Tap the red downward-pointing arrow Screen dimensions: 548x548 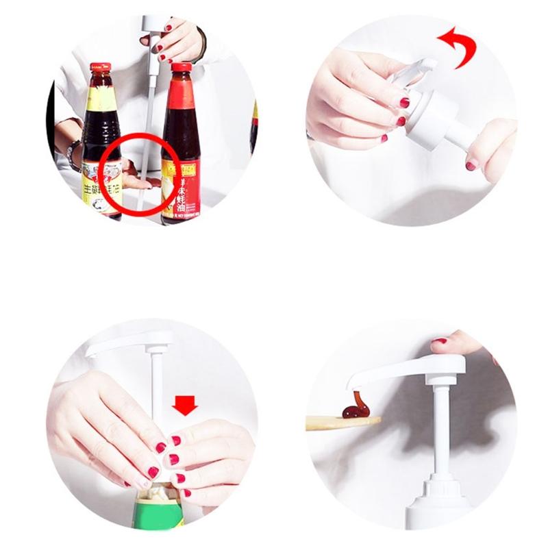point(185,406)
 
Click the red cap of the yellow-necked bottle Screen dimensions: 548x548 point(100,68)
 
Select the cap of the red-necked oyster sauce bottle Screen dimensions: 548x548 point(182,67)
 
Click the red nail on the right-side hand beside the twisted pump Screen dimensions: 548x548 point(471,165)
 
